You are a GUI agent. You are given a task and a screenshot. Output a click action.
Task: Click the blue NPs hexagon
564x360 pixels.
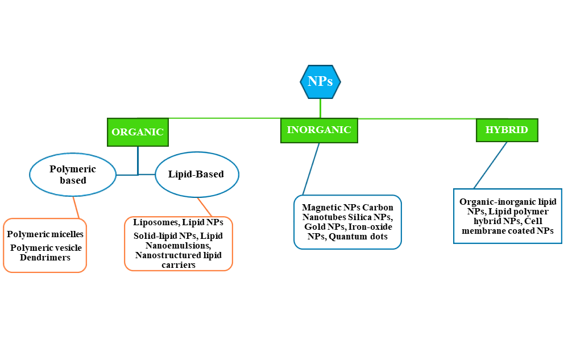320,81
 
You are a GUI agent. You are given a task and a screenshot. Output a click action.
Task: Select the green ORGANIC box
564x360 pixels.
138,132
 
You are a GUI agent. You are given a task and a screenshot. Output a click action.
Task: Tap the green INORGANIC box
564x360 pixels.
319,130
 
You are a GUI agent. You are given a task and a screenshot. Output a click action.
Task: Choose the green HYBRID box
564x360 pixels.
507,130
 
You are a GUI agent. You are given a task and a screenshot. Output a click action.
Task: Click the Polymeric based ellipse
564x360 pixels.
73,175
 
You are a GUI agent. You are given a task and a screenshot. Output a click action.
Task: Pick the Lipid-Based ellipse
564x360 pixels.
196,175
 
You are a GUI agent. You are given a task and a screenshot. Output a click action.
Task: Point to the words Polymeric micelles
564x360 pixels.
45,234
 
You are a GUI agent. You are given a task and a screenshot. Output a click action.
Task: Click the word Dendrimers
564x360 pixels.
45,257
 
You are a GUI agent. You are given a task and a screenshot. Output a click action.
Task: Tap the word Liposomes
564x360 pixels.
155,222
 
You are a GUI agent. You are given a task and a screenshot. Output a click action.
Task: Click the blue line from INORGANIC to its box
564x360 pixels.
311,168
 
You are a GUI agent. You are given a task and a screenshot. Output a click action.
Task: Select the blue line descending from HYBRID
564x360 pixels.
490,165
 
